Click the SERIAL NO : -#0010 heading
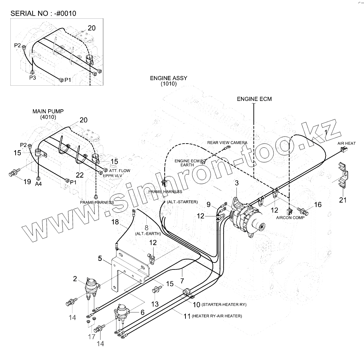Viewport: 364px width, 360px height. [43, 14]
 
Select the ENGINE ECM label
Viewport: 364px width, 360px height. [254, 99]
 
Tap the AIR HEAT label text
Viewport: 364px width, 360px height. [346, 143]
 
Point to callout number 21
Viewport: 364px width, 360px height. [343, 200]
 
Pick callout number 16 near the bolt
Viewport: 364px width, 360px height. [318, 205]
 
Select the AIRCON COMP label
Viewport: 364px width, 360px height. [290, 217]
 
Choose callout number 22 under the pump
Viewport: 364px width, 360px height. [80, 175]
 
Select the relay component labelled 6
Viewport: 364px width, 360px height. [122, 310]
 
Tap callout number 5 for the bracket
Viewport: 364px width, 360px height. [100, 258]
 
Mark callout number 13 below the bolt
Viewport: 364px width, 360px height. [155, 304]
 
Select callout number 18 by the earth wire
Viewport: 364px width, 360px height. [115, 222]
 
